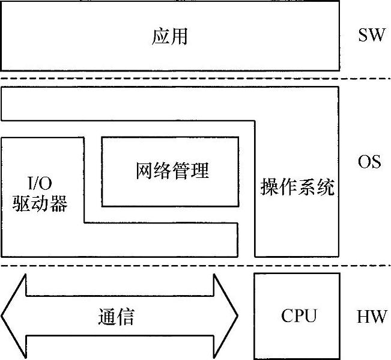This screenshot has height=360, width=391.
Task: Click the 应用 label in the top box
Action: coord(170,36)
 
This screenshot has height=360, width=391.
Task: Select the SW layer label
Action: coord(370,35)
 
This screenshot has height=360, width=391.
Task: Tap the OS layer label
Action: coord(369,162)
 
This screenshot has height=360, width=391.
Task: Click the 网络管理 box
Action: coord(169,171)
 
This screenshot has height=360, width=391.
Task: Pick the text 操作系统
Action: coord(297,188)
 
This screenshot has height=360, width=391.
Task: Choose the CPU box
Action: coord(298,316)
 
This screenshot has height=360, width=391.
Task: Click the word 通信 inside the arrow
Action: coord(116,317)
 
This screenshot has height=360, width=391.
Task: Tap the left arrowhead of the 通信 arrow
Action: coord(14,316)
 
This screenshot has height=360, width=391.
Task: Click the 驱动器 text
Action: coord(40,203)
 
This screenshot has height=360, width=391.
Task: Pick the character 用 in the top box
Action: coord(180,36)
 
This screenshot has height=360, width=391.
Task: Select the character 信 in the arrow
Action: coord(126,317)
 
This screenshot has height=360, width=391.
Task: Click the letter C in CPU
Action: coord(286,316)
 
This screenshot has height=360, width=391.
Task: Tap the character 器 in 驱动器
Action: coord(58,203)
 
